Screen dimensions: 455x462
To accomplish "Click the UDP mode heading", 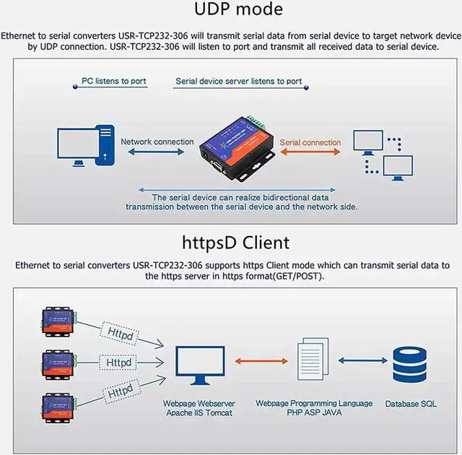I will (238, 10).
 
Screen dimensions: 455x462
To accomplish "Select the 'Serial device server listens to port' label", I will (239, 82).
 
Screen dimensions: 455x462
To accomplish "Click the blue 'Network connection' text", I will (157, 142).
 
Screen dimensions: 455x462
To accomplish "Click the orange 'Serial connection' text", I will (310, 142).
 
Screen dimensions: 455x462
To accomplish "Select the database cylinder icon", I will (410, 365).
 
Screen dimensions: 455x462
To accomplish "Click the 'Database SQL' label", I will (410, 404).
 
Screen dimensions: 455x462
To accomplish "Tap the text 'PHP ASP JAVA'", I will (314, 412).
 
